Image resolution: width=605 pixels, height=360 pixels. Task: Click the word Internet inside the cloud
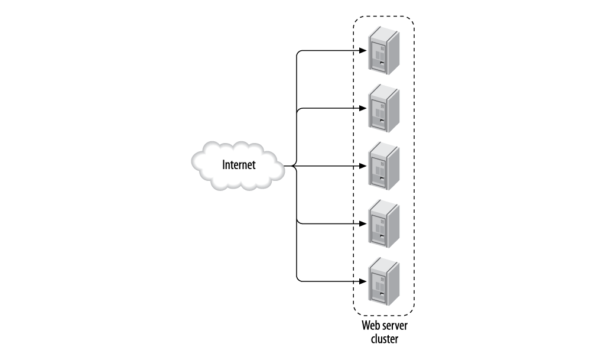(239, 166)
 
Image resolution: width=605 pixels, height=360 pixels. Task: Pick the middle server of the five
(383, 166)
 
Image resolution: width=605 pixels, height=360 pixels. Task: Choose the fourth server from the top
(383, 223)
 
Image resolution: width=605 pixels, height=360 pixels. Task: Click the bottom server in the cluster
(383, 280)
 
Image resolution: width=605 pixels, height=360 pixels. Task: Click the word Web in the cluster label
(370, 327)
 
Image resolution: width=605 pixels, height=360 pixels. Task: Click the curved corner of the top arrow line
(298, 53)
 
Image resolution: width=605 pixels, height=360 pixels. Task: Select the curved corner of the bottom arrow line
(298, 277)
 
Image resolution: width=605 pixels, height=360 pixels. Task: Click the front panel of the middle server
(377, 170)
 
